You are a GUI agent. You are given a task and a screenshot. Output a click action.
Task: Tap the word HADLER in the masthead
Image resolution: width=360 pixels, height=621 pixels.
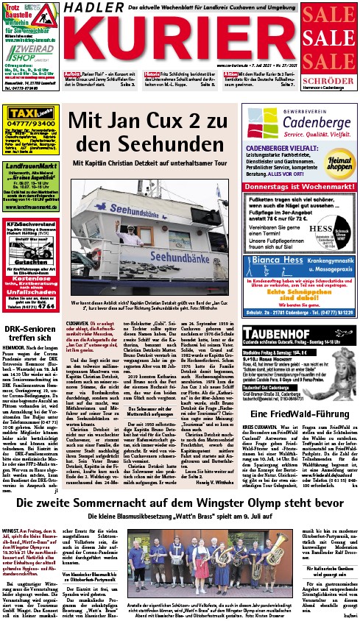(91, 9)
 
